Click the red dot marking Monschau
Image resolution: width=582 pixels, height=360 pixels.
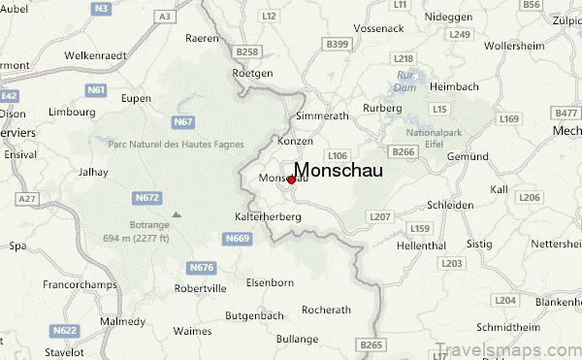291,180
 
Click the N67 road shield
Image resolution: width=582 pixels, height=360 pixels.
182,121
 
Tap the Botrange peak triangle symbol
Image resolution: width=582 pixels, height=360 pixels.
176,214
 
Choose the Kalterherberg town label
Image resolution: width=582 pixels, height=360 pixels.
269,216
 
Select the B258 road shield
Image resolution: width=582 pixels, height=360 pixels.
247,50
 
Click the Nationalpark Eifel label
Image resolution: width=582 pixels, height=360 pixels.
436,137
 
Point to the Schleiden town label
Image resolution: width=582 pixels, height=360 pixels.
454,205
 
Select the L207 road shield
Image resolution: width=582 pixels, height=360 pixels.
380,216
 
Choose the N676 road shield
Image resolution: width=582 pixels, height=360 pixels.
201,267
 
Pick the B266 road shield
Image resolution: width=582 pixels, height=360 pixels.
404,151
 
